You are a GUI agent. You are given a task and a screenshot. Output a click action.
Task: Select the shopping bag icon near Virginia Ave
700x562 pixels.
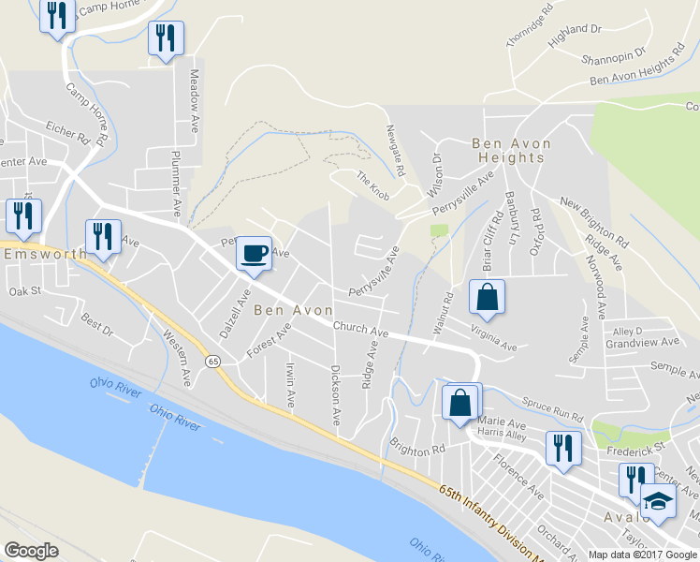click(487, 297)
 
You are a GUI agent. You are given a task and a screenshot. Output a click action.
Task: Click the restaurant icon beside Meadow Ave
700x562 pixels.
click(166, 38)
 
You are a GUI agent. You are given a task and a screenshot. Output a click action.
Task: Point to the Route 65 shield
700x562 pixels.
click(214, 362)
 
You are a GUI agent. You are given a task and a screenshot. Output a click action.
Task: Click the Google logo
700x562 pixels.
click(31, 551)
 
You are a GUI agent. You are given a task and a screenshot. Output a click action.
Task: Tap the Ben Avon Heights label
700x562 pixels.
click(511, 151)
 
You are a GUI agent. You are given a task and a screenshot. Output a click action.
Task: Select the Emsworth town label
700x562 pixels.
click(45, 254)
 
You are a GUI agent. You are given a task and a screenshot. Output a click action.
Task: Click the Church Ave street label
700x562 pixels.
click(360, 331)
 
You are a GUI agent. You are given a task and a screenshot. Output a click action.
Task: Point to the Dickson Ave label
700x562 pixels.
click(334, 394)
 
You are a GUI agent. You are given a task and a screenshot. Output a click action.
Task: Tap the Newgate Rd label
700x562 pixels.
click(393, 152)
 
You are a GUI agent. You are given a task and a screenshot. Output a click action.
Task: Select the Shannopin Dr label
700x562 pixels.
click(613, 57)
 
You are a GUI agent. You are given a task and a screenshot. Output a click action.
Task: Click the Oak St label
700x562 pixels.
click(25, 291)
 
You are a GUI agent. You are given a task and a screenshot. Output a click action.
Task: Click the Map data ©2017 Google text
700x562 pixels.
click(642, 555)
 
